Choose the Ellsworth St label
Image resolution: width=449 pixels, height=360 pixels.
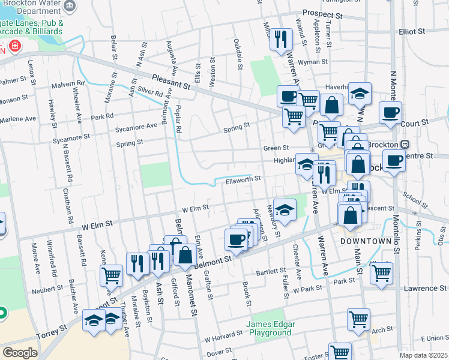tap(243, 179)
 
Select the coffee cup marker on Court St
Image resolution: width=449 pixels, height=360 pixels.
tap(390, 112)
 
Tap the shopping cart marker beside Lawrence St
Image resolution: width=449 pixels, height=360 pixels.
tap(382, 273)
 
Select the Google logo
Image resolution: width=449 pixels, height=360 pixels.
tap(20, 353)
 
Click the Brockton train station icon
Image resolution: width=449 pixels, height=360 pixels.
tap(405, 145)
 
